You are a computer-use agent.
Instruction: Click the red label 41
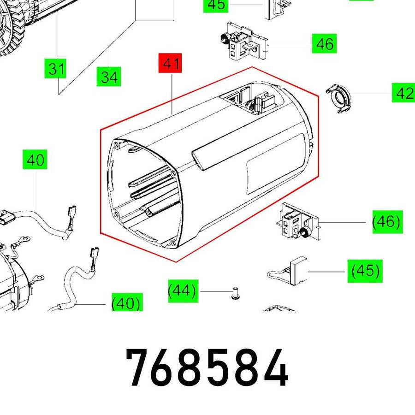pyautogui.click(x=170, y=63)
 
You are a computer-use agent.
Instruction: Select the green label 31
pyautogui.click(x=55, y=69)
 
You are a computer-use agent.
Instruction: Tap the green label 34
pyautogui.click(x=109, y=77)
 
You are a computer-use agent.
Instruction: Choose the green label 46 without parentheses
pyautogui.click(x=324, y=43)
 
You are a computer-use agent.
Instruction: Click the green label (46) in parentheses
pyautogui.click(x=387, y=222)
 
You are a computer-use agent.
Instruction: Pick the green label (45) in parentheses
pyautogui.click(x=365, y=271)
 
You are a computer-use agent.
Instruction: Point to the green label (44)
pyautogui.click(x=183, y=291)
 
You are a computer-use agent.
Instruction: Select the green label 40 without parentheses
pyautogui.click(x=35, y=160)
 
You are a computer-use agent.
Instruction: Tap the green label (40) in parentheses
pyautogui.click(x=127, y=302)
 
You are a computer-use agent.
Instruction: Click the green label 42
pyautogui.click(x=403, y=93)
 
